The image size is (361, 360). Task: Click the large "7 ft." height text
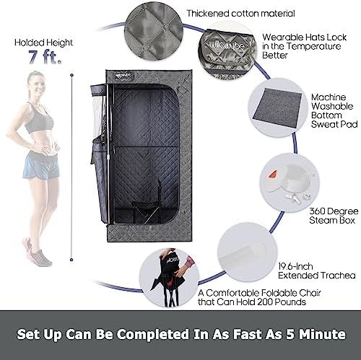(x=45, y=57)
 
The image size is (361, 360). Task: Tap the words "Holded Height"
(x=43, y=43)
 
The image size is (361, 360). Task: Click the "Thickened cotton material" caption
(x=241, y=14)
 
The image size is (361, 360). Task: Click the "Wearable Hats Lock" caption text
(x=304, y=38)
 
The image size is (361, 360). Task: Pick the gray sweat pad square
(x=277, y=107)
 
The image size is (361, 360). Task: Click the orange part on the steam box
(x=273, y=173)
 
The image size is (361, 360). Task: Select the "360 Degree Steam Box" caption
(x=334, y=216)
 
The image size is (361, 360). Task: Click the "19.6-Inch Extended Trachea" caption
(x=317, y=271)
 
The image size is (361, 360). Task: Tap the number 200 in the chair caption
(x=265, y=302)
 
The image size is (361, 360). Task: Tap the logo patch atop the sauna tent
(x=124, y=75)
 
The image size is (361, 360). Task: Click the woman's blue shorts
(x=41, y=164)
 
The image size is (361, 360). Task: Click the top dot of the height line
(x=71, y=76)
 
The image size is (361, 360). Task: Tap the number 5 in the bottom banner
(x=290, y=335)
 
